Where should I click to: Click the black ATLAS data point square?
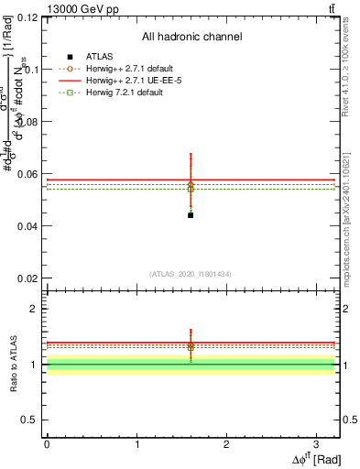pyautogui.click(x=191, y=214)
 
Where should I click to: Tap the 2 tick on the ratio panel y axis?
pyautogui.click(x=34, y=309)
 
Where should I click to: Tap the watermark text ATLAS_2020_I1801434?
pyautogui.click(x=191, y=275)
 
